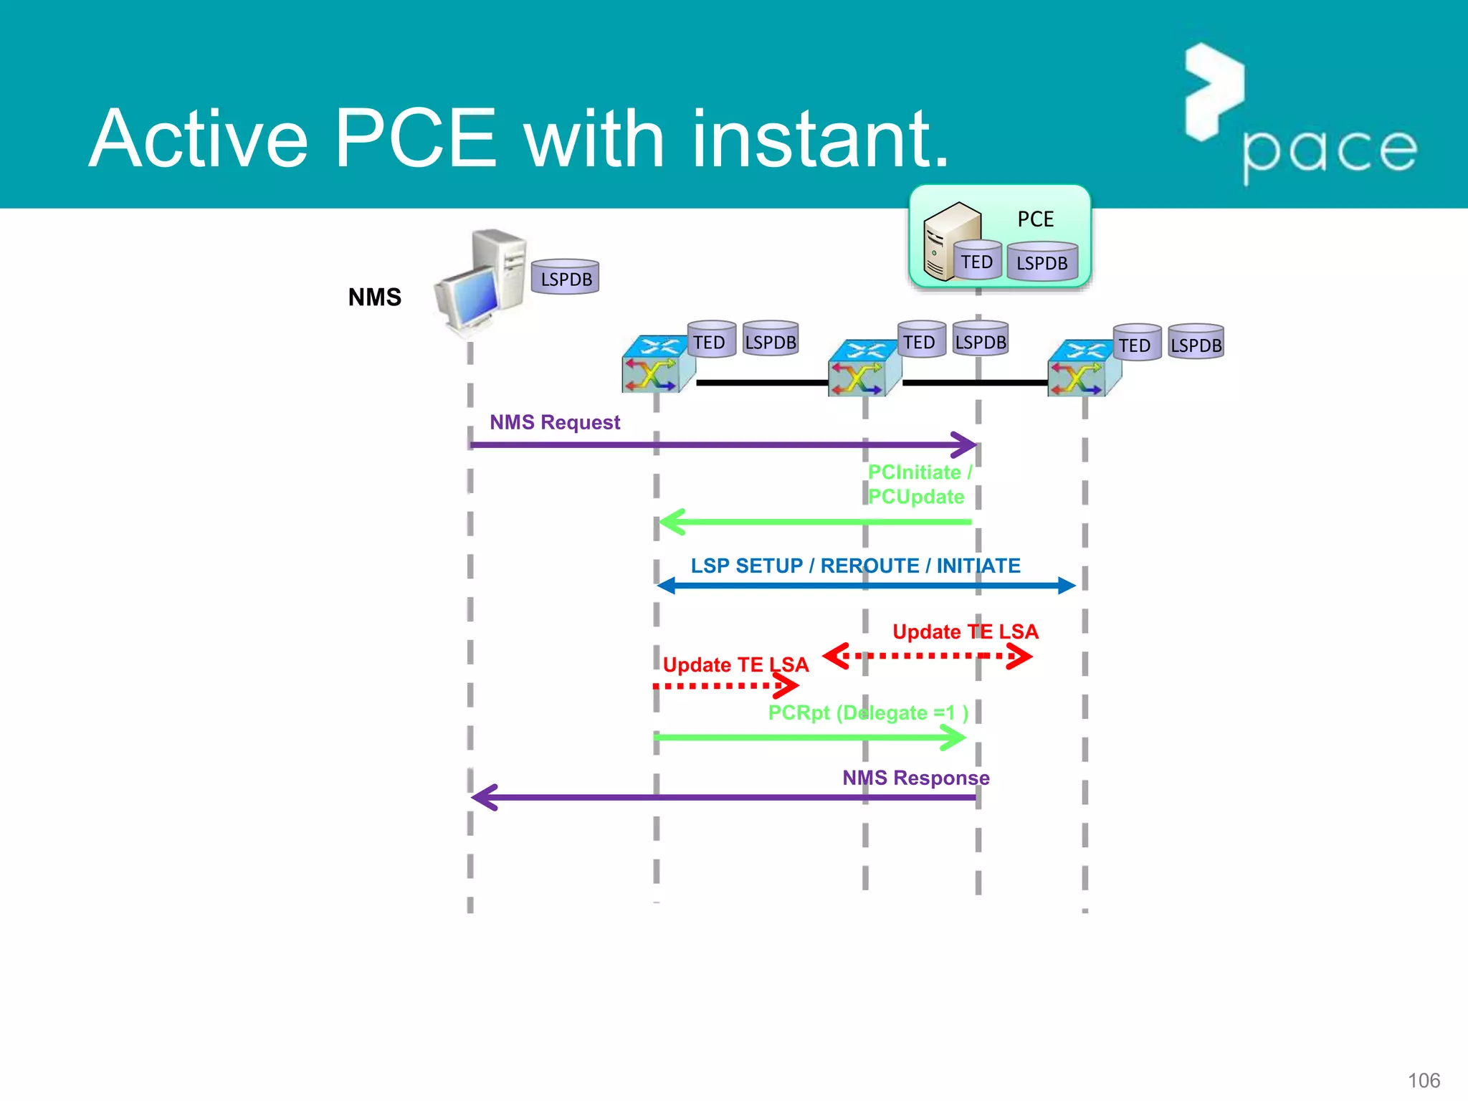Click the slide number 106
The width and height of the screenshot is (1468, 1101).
(1424, 1080)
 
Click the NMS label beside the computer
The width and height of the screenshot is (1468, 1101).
(374, 297)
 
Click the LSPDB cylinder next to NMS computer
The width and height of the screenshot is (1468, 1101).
(566, 277)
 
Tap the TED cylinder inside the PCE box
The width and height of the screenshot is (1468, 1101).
(977, 261)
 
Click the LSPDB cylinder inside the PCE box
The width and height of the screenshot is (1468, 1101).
(1042, 262)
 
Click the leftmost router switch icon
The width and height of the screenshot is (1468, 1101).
(657, 364)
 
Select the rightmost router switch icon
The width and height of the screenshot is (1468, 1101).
(1083, 368)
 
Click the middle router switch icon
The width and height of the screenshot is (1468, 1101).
(863, 368)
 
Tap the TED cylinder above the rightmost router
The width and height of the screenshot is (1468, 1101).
(1135, 344)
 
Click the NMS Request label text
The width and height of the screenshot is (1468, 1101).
(555, 422)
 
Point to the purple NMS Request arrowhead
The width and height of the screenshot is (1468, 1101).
(966, 444)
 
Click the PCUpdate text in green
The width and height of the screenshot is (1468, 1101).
(916, 497)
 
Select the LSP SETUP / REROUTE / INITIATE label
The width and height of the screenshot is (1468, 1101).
(855, 566)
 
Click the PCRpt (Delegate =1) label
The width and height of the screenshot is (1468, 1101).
(868, 712)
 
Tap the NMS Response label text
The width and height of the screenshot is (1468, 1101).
(915, 778)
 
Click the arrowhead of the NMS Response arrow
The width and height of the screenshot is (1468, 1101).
(485, 797)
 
